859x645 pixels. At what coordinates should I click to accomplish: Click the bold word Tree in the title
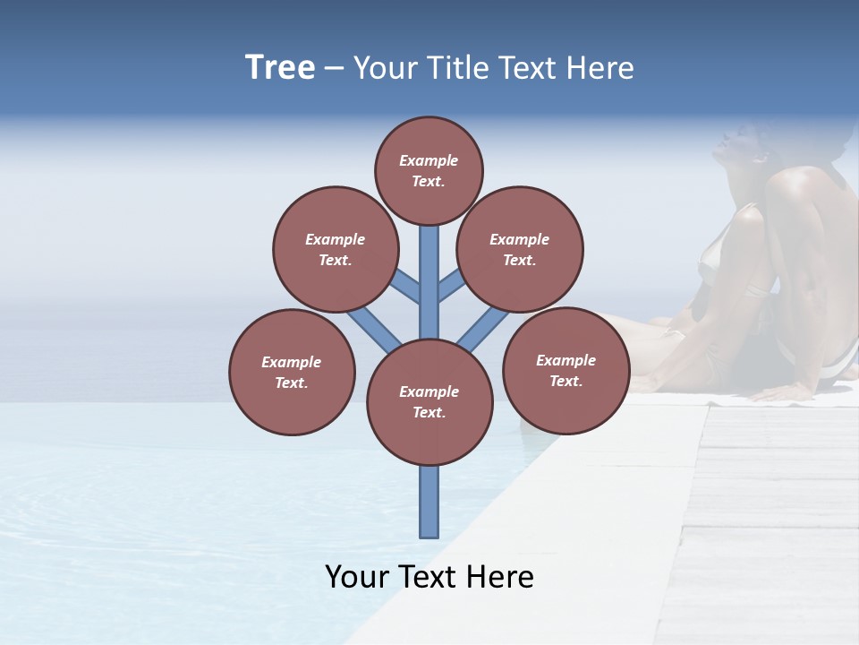[x=280, y=68]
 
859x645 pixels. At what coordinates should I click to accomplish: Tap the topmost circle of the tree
[x=429, y=170]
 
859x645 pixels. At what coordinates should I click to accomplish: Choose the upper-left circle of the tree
[x=336, y=249]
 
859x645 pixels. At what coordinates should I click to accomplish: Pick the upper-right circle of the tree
[x=520, y=249]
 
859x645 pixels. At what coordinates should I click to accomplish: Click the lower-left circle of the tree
[x=292, y=372]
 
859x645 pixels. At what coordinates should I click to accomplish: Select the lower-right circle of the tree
[x=566, y=370]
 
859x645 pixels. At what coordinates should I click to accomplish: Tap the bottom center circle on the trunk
[x=429, y=401]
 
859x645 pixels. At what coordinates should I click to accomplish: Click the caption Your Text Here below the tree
[x=429, y=577]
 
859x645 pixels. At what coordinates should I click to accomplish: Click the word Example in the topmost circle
[x=429, y=161]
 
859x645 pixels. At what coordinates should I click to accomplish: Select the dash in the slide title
[x=334, y=69]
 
